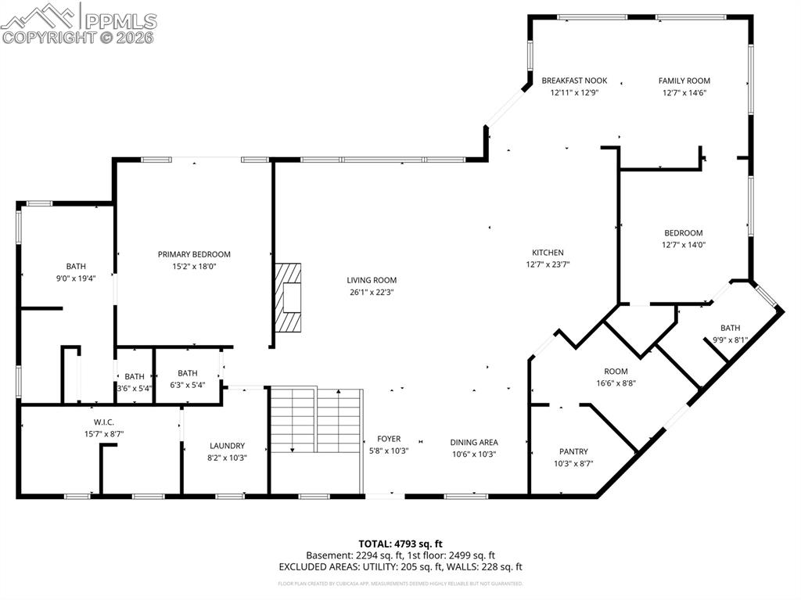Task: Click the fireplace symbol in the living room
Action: point(288,298)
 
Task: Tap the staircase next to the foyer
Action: point(316,420)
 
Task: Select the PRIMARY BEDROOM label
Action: point(194,254)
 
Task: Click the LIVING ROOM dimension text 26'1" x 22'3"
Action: point(372,293)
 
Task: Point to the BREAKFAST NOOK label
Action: point(574,81)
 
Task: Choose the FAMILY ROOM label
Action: point(684,81)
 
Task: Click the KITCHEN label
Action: point(548,253)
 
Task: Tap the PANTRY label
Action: point(573,451)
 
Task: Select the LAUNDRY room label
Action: point(227,446)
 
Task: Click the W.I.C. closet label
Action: point(104,422)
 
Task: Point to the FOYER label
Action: point(389,440)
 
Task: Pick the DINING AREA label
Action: point(474,442)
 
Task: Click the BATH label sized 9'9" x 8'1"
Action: point(730,328)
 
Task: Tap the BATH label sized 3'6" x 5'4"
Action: point(135,376)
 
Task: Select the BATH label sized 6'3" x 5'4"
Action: point(188,373)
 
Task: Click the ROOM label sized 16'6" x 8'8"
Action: point(616,372)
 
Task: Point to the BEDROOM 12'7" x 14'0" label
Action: point(684,232)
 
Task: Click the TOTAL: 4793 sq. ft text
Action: point(400,543)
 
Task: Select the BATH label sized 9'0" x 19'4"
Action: point(76,266)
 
